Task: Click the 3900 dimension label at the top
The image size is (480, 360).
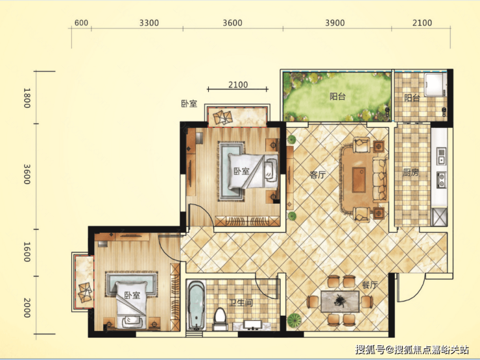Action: [335, 23]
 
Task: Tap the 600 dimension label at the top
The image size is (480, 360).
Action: [81, 23]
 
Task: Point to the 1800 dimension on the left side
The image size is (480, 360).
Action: [27, 98]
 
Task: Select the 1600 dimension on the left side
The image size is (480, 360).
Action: [27, 252]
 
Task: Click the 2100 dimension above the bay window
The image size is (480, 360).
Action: [238, 84]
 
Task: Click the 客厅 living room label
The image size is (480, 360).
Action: [317, 174]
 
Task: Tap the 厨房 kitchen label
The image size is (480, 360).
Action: [411, 173]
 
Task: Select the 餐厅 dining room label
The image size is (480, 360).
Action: [370, 285]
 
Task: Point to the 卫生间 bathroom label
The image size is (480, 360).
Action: [241, 303]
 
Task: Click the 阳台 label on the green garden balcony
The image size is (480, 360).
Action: [337, 97]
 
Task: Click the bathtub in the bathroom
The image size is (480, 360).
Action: [197, 305]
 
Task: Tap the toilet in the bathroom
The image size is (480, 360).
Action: [219, 318]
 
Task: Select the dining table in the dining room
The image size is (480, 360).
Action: [340, 301]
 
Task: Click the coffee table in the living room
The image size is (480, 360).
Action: [359, 180]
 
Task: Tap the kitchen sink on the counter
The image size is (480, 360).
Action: [442, 156]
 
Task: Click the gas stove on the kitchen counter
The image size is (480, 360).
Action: [442, 180]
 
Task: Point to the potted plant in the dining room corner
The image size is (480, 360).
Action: [294, 320]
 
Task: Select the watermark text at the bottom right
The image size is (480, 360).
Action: [412, 349]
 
